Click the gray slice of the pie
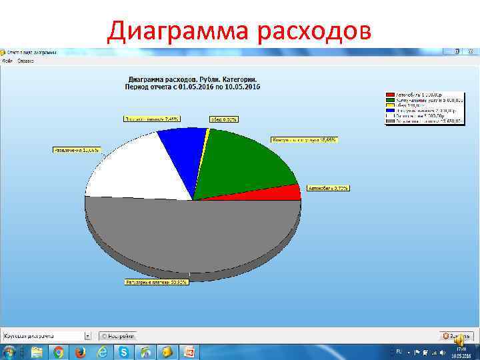coord(193,233)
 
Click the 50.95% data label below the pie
coord(157,282)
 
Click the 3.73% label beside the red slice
coord(328,188)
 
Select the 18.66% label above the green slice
coord(304,140)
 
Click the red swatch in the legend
coord(391,95)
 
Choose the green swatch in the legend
coord(391,101)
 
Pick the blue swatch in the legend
coord(391,111)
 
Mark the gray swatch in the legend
coord(391,122)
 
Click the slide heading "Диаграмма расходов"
coord(239,30)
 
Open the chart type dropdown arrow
coord(87,336)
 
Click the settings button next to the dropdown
coord(118,336)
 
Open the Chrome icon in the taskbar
coord(59,351)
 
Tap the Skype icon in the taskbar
coord(123,351)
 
